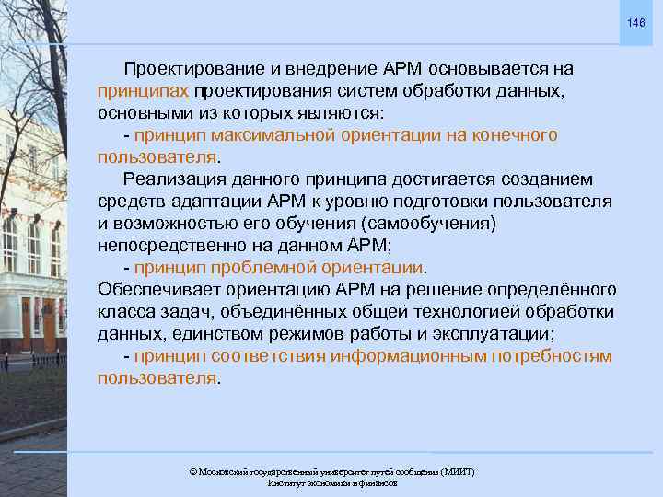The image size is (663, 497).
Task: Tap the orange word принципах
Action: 143,92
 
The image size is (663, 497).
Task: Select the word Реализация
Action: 176,179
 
